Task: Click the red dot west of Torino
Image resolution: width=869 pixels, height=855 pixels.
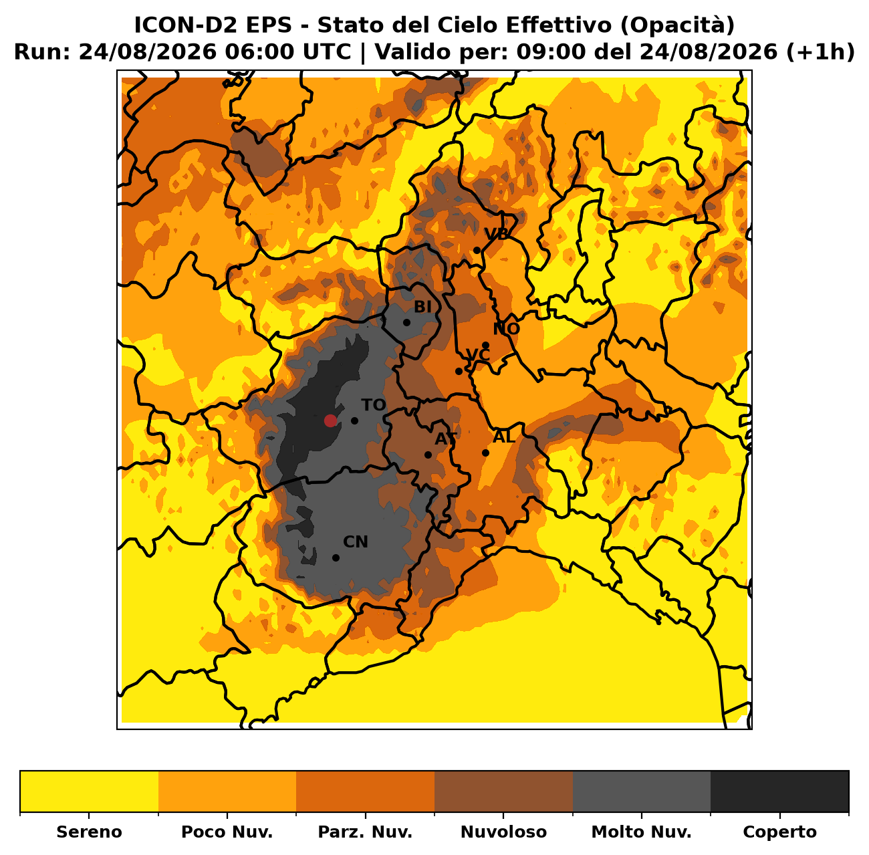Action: pyautogui.click(x=330, y=420)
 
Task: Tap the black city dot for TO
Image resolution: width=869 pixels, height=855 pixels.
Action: pyautogui.click(x=354, y=420)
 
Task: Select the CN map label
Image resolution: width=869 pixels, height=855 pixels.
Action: pyautogui.click(x=356, y=542)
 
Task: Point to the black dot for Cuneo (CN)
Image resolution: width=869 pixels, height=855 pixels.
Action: pyautogui.click(x=336, y=558)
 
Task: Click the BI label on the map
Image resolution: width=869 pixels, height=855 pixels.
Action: pyautogui.click(x=422, y=307)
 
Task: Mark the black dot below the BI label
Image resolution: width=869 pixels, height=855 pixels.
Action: pyautogui.click(x=406, y=322)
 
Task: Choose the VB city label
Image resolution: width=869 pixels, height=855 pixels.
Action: pyautogui.click(x=496, y=234)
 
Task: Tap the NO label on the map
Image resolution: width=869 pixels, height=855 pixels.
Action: pyautogui.click(x=506, y=329)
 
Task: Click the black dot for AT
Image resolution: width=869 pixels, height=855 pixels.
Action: pyautogui.click(x=428, y=455)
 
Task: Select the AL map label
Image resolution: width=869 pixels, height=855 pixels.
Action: pyautogui.click(x=504, y=437)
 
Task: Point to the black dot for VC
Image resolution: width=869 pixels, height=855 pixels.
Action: pyautogui.click(x=459, y=371)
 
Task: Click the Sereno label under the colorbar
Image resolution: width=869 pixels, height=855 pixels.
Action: pyautogui.click(x=89, y=832)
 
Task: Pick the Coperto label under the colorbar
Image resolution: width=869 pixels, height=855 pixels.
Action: pyautogui.click(x=779, y=832)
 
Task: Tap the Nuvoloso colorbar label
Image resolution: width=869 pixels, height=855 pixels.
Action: pyautogui.click(x=503, y=832)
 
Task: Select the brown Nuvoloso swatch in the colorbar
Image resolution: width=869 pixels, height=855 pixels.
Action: pyautogui.click(x=503, y=792)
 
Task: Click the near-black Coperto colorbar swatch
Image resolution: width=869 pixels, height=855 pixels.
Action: pyautogui.click(x=779, y=792)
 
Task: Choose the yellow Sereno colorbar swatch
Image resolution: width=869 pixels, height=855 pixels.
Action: pyautogui.click(x=89, y=792)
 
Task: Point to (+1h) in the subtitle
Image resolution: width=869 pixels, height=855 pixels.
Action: pyautogui.click(x=820, y=52)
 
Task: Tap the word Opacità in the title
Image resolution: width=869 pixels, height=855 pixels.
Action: pyautogui.click(x=677, y=25)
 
